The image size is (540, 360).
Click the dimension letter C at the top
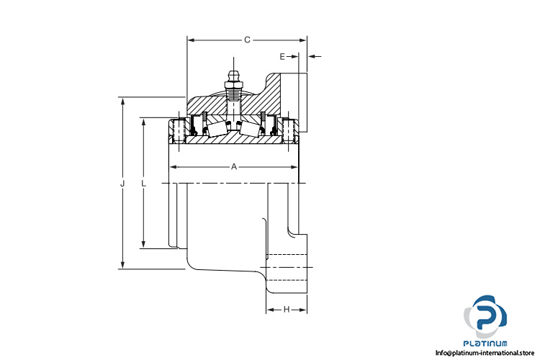click(x=247, y=40)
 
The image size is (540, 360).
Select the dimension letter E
click(x=282, y=56)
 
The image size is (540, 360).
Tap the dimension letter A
click(x=234, y=167)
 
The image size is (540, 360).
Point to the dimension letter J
click(x=122, y=184)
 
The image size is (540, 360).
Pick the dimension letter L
click(x=143, y=184)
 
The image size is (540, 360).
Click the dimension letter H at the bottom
click(x=287, y=310)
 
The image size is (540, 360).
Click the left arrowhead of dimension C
click(x=191, y=40)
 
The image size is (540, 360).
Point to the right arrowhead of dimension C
click(x=302, y=40)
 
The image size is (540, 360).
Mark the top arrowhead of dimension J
click(x=122, y=101)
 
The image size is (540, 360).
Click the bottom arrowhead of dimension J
click(x=122, y=265)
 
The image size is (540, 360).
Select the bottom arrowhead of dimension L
click(x=143, y=244)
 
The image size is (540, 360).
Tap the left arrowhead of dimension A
click(x=174, y=167)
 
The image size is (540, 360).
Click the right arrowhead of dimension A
click(x=294, y=167)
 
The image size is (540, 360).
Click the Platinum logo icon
click(x=485, y=317)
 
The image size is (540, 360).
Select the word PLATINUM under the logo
click(x=485, y=343)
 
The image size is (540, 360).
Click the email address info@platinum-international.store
click(x=485, y=353)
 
